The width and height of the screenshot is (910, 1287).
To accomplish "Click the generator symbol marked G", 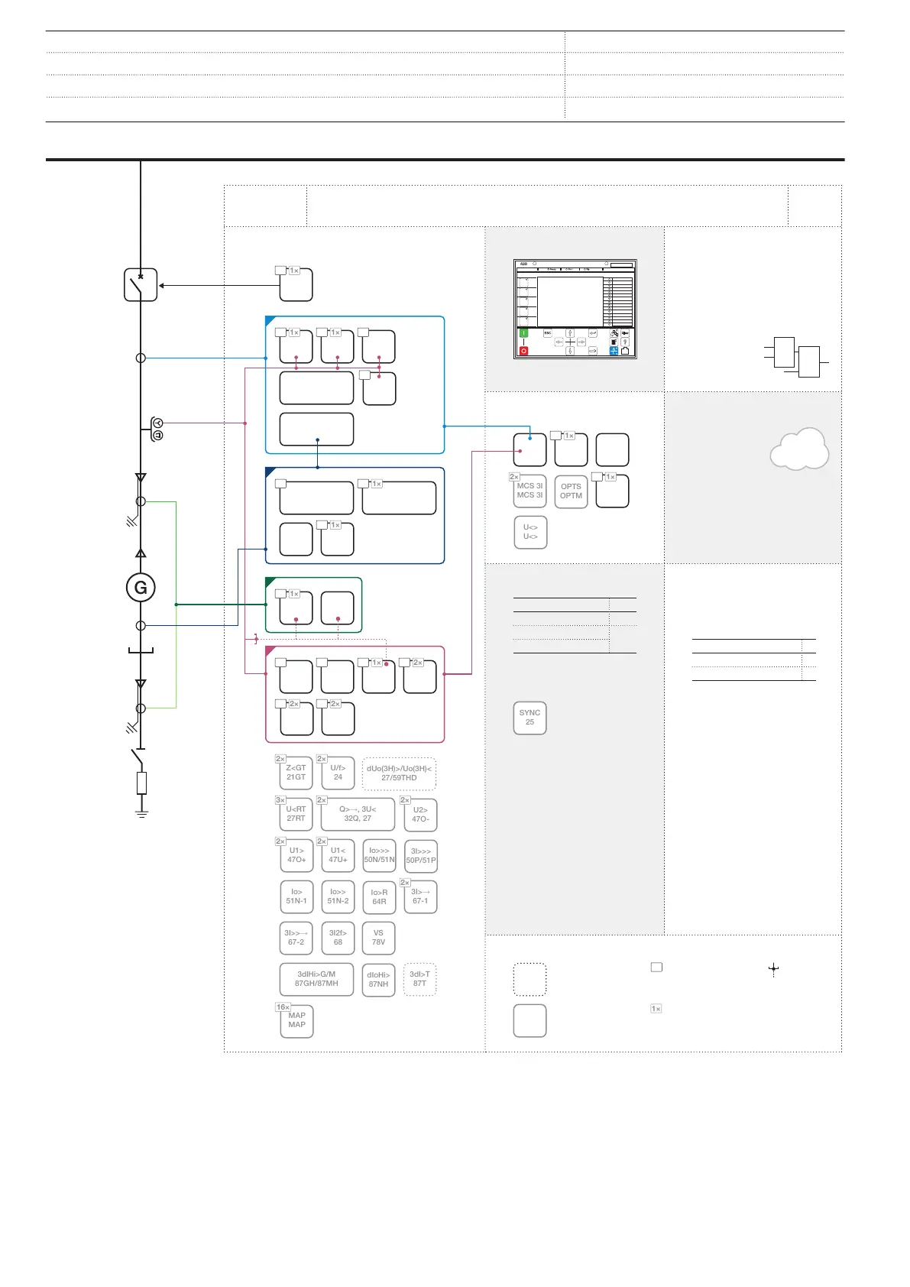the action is [x=141, y=588].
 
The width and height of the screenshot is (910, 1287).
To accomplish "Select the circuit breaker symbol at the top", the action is [x=141, y=285].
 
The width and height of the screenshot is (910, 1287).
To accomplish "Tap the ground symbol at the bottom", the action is [x=141, y=812].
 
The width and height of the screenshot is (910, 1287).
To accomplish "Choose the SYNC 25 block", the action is [x=529, y=718].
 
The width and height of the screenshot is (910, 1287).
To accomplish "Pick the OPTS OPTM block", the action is [x=571, y=491].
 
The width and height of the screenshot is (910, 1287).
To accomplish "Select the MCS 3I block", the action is [x=529, y=491].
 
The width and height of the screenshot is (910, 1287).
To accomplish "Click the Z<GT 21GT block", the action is [x=296, y=773].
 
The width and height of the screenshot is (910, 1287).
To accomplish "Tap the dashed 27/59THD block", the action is [x=399, y=773].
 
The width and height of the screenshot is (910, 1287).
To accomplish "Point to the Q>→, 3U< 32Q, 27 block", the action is [x=358, y=814].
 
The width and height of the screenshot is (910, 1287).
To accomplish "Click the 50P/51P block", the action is [x=421, y=856].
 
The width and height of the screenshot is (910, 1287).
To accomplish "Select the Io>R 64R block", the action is [x=379, y=897].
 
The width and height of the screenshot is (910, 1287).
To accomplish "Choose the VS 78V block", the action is [x=378, y=938].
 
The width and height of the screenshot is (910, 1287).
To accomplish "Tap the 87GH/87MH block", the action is [x=316, y=979].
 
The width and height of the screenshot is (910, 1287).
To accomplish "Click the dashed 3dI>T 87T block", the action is [x=419, y=979].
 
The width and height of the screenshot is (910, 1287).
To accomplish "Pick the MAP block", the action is [x=297, y=1021].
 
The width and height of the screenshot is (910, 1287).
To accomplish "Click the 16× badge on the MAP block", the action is [x=283, y=1007].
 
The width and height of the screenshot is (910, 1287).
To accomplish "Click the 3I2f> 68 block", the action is [x=338, y=938].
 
